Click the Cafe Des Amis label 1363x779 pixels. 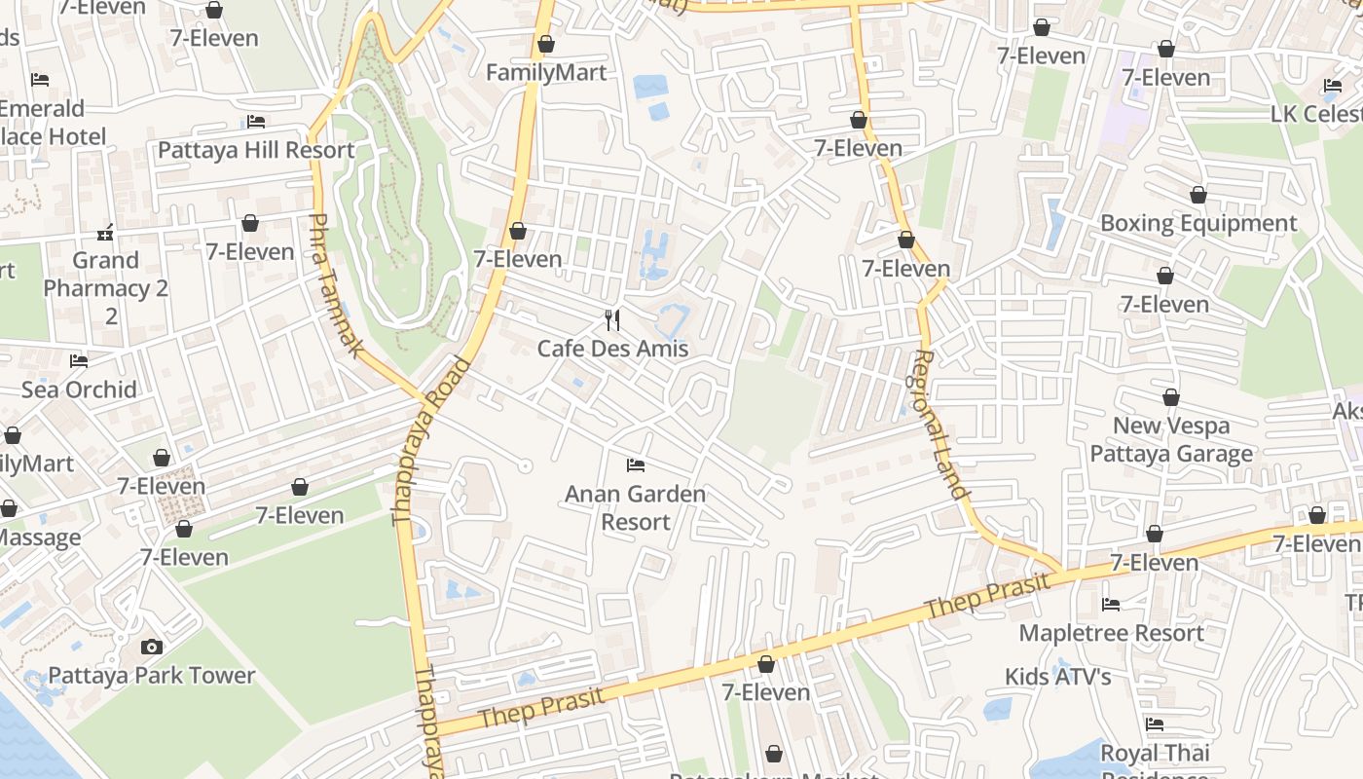pos(612,349)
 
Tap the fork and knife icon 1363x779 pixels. pos(612,320)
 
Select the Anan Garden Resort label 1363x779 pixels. pos(635,507)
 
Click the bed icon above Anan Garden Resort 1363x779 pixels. pos(636,465)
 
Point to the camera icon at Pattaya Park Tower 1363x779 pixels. pos(151,647)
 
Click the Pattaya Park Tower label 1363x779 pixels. pos(151,675)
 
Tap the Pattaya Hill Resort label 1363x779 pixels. pos(256,150)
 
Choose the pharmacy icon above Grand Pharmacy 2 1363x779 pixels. pos(106,233)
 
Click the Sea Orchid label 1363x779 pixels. pos(79,389)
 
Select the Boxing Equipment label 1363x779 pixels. pos(1198,223)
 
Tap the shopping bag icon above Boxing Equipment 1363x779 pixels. pos(1198,196)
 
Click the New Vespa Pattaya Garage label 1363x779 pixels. pos(1171,439)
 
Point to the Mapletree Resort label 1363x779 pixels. pos(1111,633)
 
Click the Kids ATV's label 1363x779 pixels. pos(1058,676)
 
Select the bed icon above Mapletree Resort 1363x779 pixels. pos(1111,605)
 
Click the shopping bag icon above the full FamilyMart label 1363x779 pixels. pos(546,45)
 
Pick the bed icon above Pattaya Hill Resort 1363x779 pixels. pos(256,122)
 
